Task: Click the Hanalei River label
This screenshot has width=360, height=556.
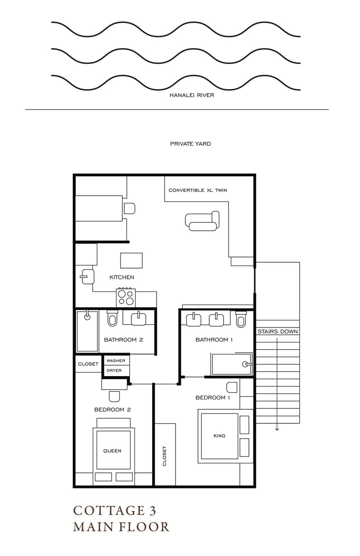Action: [x=192, y=95]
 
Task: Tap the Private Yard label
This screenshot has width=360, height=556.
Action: [x=190, y=143]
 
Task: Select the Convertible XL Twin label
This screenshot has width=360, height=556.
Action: [x=198, y=190]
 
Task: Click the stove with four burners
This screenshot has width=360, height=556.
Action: [x=126, y=297]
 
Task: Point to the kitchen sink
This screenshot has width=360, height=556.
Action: [x=87, y=277]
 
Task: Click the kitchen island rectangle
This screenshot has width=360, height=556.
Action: [x=131, y=260]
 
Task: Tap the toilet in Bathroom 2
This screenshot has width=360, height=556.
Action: [x=112, y=318]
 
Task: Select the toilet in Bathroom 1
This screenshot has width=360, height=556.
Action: [x=241, y=319]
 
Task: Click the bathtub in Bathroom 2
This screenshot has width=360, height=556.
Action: [x=87, y=331]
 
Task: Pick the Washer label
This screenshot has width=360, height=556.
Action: [x=116, y=361]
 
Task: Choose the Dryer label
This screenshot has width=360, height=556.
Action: [x=114, y=371]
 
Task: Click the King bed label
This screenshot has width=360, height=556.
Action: [x=220, y=435]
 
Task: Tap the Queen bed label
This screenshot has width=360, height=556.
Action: [x=112, y=451]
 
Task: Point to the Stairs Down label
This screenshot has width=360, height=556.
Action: [x=278, y=332]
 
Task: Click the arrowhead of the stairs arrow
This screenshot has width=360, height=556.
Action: [x=277, y=429]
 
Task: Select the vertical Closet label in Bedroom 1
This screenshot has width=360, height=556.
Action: [x=164, y=456]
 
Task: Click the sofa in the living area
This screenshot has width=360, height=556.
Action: [x=202, y=221]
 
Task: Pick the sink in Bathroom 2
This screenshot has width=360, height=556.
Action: [x=139, y=318]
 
